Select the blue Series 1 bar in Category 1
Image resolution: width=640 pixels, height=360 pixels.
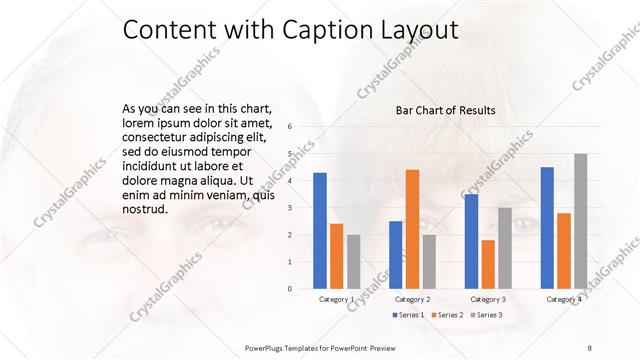(x=320, y=231)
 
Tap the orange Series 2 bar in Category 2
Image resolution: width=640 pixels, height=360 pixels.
(x=412, y=229)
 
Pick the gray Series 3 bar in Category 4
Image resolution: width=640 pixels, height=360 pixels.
(x=581, y=221)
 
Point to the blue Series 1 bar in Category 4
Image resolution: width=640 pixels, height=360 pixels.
(x=547, y=228)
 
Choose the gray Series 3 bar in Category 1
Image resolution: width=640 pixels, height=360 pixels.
(x=354, y=262)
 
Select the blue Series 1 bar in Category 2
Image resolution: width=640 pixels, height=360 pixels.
(x=395, y=255)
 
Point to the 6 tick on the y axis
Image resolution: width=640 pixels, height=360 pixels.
(x=289, y=127)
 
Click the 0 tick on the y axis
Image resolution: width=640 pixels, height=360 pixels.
(x=289, y=289)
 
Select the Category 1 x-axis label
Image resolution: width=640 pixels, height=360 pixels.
(x=337, y=299)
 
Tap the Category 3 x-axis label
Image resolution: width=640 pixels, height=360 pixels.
(x=488, y=299)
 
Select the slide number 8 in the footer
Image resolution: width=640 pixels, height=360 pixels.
(x=590, y=346)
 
